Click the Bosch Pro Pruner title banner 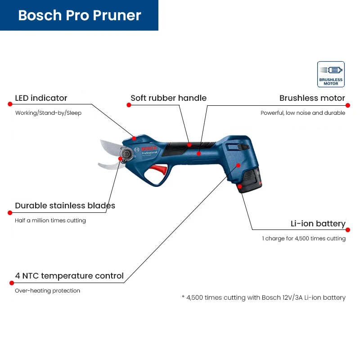[x=79, y=15]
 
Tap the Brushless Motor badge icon [x=331, y=74]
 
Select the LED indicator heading [x=41, y=98]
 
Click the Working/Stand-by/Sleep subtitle [x=48, y=113]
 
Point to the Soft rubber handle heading [x=168, y=98]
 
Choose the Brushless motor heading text [x=312, y=98]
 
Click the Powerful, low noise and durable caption [x=303, y=113]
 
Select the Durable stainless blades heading [x=65, y=206]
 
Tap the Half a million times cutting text [x=50, y=220]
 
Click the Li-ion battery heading [x=318, y=224]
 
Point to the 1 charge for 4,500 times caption [x=304, y=238]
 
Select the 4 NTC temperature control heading [x=69, y=276]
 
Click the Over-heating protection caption [x=47, y=291]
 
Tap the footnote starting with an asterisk [x=263, y=297]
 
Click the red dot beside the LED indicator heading [x=10, y=104]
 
